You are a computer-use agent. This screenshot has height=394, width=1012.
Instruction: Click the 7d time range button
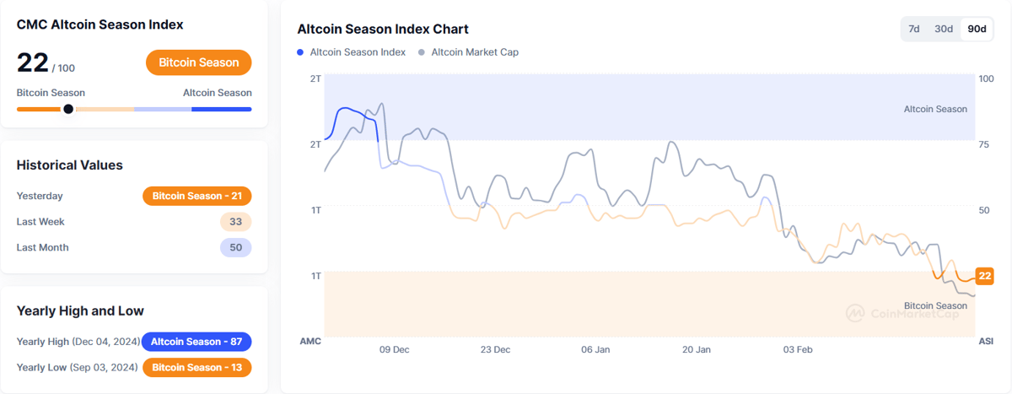(913, 29)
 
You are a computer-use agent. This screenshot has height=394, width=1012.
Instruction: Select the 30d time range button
(944, 29)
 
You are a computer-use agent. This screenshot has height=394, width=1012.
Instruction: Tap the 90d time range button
(977, 29)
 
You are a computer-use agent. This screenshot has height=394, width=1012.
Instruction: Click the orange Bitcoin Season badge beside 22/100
(198, 62)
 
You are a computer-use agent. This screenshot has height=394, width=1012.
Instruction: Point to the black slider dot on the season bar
(68, 109)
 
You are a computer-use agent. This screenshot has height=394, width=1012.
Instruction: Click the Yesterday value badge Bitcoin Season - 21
(196, 196)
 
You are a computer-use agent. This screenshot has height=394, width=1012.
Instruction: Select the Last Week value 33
(235, 222)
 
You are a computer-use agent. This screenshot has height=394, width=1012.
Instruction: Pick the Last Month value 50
(235, 247)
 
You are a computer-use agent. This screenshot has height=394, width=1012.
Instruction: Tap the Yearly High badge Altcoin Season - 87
(196, 342)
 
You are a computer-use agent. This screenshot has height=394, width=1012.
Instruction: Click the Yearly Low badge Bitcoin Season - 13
(196, 367)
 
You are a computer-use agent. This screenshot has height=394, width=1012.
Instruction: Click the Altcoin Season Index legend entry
(351, 52)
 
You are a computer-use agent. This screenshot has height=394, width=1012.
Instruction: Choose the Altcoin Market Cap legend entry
(468, 52)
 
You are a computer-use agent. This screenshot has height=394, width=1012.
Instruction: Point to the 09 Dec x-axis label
(395, 349)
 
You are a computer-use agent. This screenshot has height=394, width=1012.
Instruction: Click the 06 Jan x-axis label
(596, 349)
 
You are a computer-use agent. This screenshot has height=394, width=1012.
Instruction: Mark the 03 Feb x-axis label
(798, 349)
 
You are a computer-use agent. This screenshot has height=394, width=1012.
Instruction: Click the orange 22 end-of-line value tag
(984, 276)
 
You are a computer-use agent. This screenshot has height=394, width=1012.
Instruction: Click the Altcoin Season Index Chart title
(383, 30)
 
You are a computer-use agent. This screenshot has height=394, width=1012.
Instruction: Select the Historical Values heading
(69, 165)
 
